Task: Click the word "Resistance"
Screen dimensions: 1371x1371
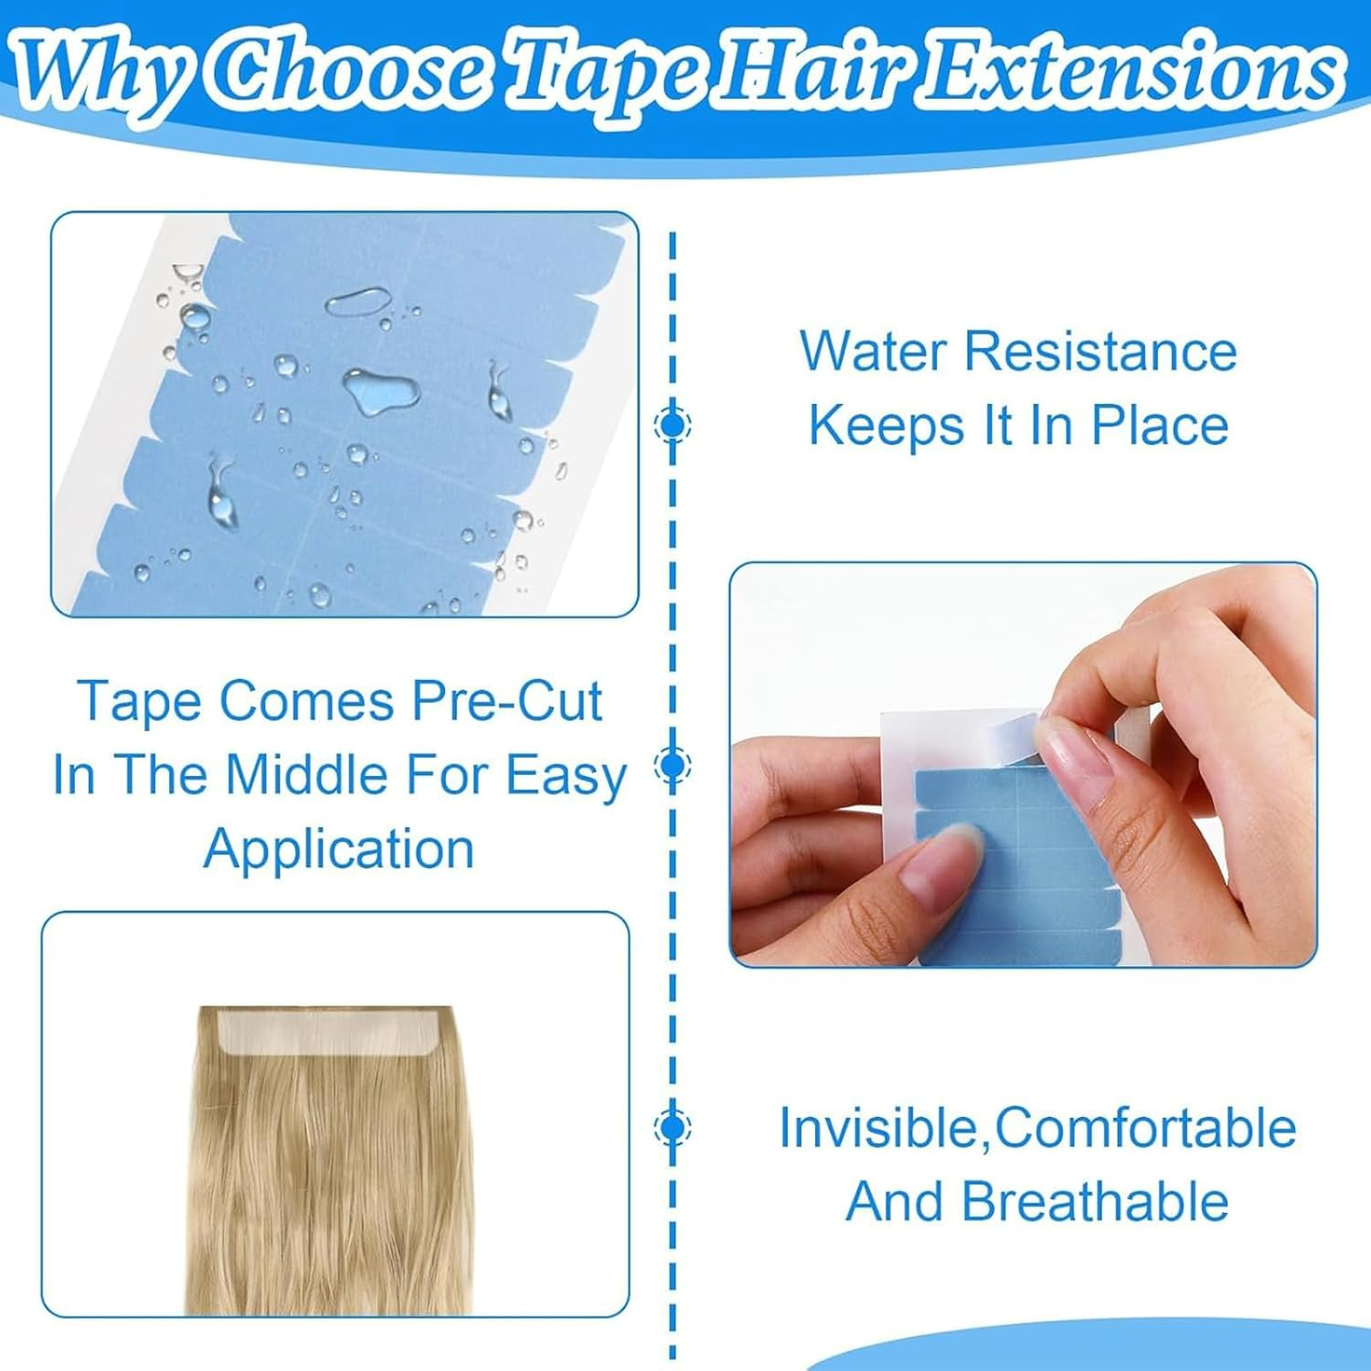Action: click(1100, 352)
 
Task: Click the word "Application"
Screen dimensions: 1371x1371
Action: click(339, 848)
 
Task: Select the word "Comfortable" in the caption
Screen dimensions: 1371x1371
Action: click(1145, 1128)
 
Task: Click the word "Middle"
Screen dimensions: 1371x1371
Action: click(307, 775)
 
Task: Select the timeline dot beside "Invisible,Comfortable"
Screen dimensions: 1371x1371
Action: click(674, 1127)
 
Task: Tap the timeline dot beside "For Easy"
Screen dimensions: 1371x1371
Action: click(674, 764)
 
